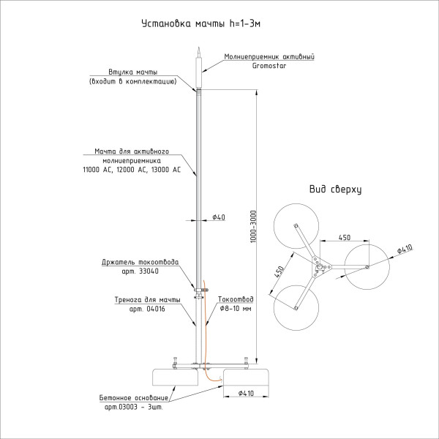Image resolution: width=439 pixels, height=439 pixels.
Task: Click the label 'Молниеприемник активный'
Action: [270, 56]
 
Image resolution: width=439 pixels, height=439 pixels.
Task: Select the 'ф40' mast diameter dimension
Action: [217, 218]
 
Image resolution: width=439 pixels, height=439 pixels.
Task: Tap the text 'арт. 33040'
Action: [142, 271]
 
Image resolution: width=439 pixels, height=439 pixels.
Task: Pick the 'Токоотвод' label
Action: [236, 299]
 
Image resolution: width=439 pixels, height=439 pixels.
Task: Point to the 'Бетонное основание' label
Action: [135, 397]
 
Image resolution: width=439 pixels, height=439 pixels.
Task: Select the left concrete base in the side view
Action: [176, 376]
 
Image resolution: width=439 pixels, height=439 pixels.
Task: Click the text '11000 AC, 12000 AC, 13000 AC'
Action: [132, 169]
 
